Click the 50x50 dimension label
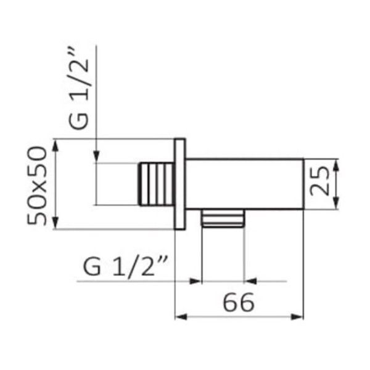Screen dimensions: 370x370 click(x=37, y=186)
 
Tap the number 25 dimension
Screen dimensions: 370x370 click(x=319, y=181)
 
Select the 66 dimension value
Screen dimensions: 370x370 click(x=239, y=302)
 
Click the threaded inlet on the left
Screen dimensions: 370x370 click(x=157, y=184)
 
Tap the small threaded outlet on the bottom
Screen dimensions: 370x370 click(x=223, y=218)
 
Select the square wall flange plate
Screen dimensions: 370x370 click(x=180, y=184)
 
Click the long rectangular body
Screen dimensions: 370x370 click(x=244, y=184)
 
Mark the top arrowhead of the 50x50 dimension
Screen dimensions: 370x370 click(x=55, y=146)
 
